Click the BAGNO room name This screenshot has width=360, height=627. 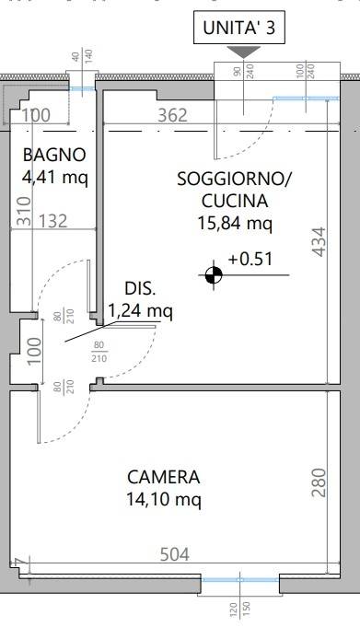[x=55, y=155]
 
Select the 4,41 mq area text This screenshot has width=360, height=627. [x=55, y=176]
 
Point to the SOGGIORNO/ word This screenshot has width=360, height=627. [x=234, y=180]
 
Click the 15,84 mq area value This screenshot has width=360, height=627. [x=234, y=222]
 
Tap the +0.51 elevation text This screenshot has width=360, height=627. [x=250, y=259]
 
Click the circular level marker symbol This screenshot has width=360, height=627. [x=214, y=274]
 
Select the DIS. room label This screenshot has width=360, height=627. [x=141, y=290]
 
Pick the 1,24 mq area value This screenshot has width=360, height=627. [x=141, y=311]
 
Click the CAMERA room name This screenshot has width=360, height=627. [x=164, y=478]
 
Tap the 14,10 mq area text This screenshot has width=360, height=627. [x=164, y=499]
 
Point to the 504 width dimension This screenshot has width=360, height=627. [x=175, y=554]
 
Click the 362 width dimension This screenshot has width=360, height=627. [x=172, y=115]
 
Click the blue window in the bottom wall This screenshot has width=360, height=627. [x=239, y=580]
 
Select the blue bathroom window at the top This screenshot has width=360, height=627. [x=82, y=90]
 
